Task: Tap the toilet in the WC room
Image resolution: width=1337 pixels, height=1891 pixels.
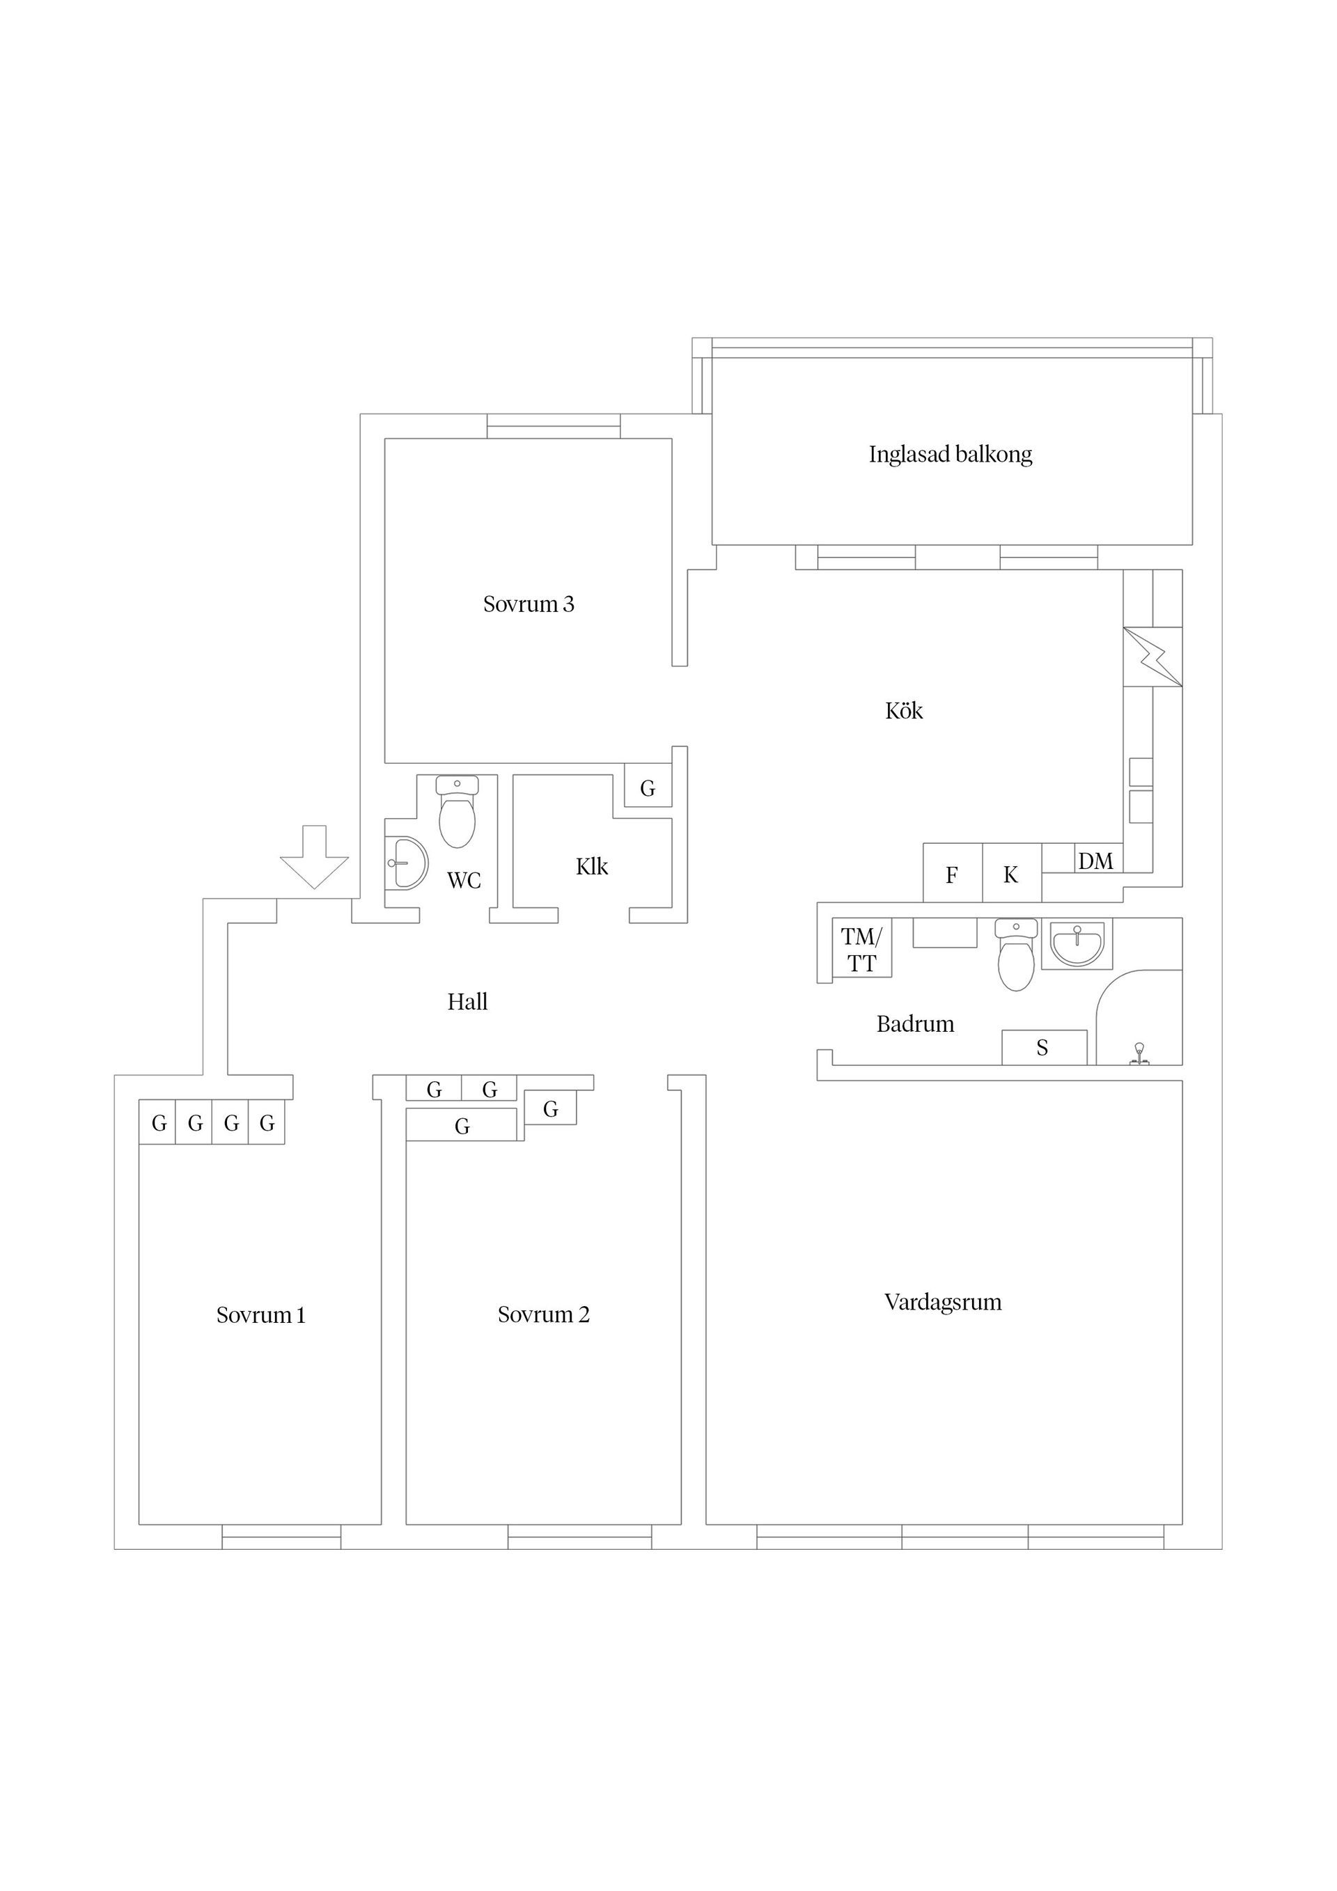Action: pyautogui.click(x=458, y=811)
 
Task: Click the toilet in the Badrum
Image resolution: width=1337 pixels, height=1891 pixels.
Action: pyautogui.click(x=1016, y=955)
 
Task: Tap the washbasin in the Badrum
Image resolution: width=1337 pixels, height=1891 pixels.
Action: pyautogui.click(x=1077, y=943)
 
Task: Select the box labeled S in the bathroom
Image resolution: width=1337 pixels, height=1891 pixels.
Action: pyautogui.click(x=1044, y=1048)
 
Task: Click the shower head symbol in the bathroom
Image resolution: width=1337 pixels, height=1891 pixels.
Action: pyautogui.click(x=1139, y=1053)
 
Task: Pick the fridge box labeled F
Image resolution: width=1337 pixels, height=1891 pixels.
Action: pyautogui.click(x=953, y=873)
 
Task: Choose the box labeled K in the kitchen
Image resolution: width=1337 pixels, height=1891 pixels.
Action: pyautogui.click(x=1012, y=873)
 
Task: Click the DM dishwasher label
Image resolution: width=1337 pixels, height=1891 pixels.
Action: pyautogui.click(x=1095, y=861)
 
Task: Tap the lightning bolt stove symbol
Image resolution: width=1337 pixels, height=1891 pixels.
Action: pyautogui.click(x=1152, y=657)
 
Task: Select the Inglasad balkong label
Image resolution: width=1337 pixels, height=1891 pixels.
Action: pyautogui.click(x=951, y=455)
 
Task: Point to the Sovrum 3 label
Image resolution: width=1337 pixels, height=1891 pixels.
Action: pyautogui.click(x=528, y=604)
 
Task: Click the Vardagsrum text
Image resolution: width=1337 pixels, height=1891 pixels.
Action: pyautogui.click(x=944, y=1302)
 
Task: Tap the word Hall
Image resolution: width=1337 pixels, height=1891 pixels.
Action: pyautogui.click(x=467, y=1001)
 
